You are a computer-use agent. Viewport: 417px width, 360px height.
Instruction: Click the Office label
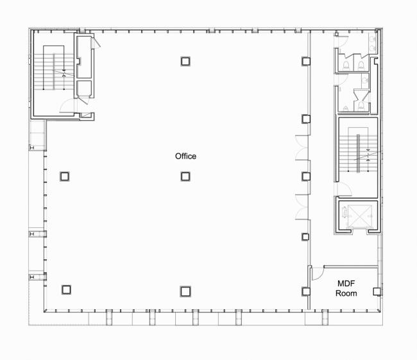[185, 156]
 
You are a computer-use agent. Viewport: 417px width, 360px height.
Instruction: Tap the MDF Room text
[346, 288]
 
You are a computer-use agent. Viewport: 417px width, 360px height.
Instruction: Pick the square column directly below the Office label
[185, 176]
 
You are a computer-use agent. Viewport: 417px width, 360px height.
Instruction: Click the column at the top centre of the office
[185, 61]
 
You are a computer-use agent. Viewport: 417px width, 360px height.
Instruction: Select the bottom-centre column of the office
[185, 291]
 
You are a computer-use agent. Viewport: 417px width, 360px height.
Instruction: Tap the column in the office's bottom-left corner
[65, 289]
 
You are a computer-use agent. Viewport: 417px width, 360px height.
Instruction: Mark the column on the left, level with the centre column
[65, 176]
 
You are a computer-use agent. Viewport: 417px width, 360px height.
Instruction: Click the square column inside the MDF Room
[377, 291]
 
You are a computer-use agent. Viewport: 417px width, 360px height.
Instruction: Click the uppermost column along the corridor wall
[306, 61]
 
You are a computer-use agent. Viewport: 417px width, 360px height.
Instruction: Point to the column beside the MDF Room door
[306, 291]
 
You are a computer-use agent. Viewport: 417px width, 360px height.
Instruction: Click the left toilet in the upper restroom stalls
[346, 64]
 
